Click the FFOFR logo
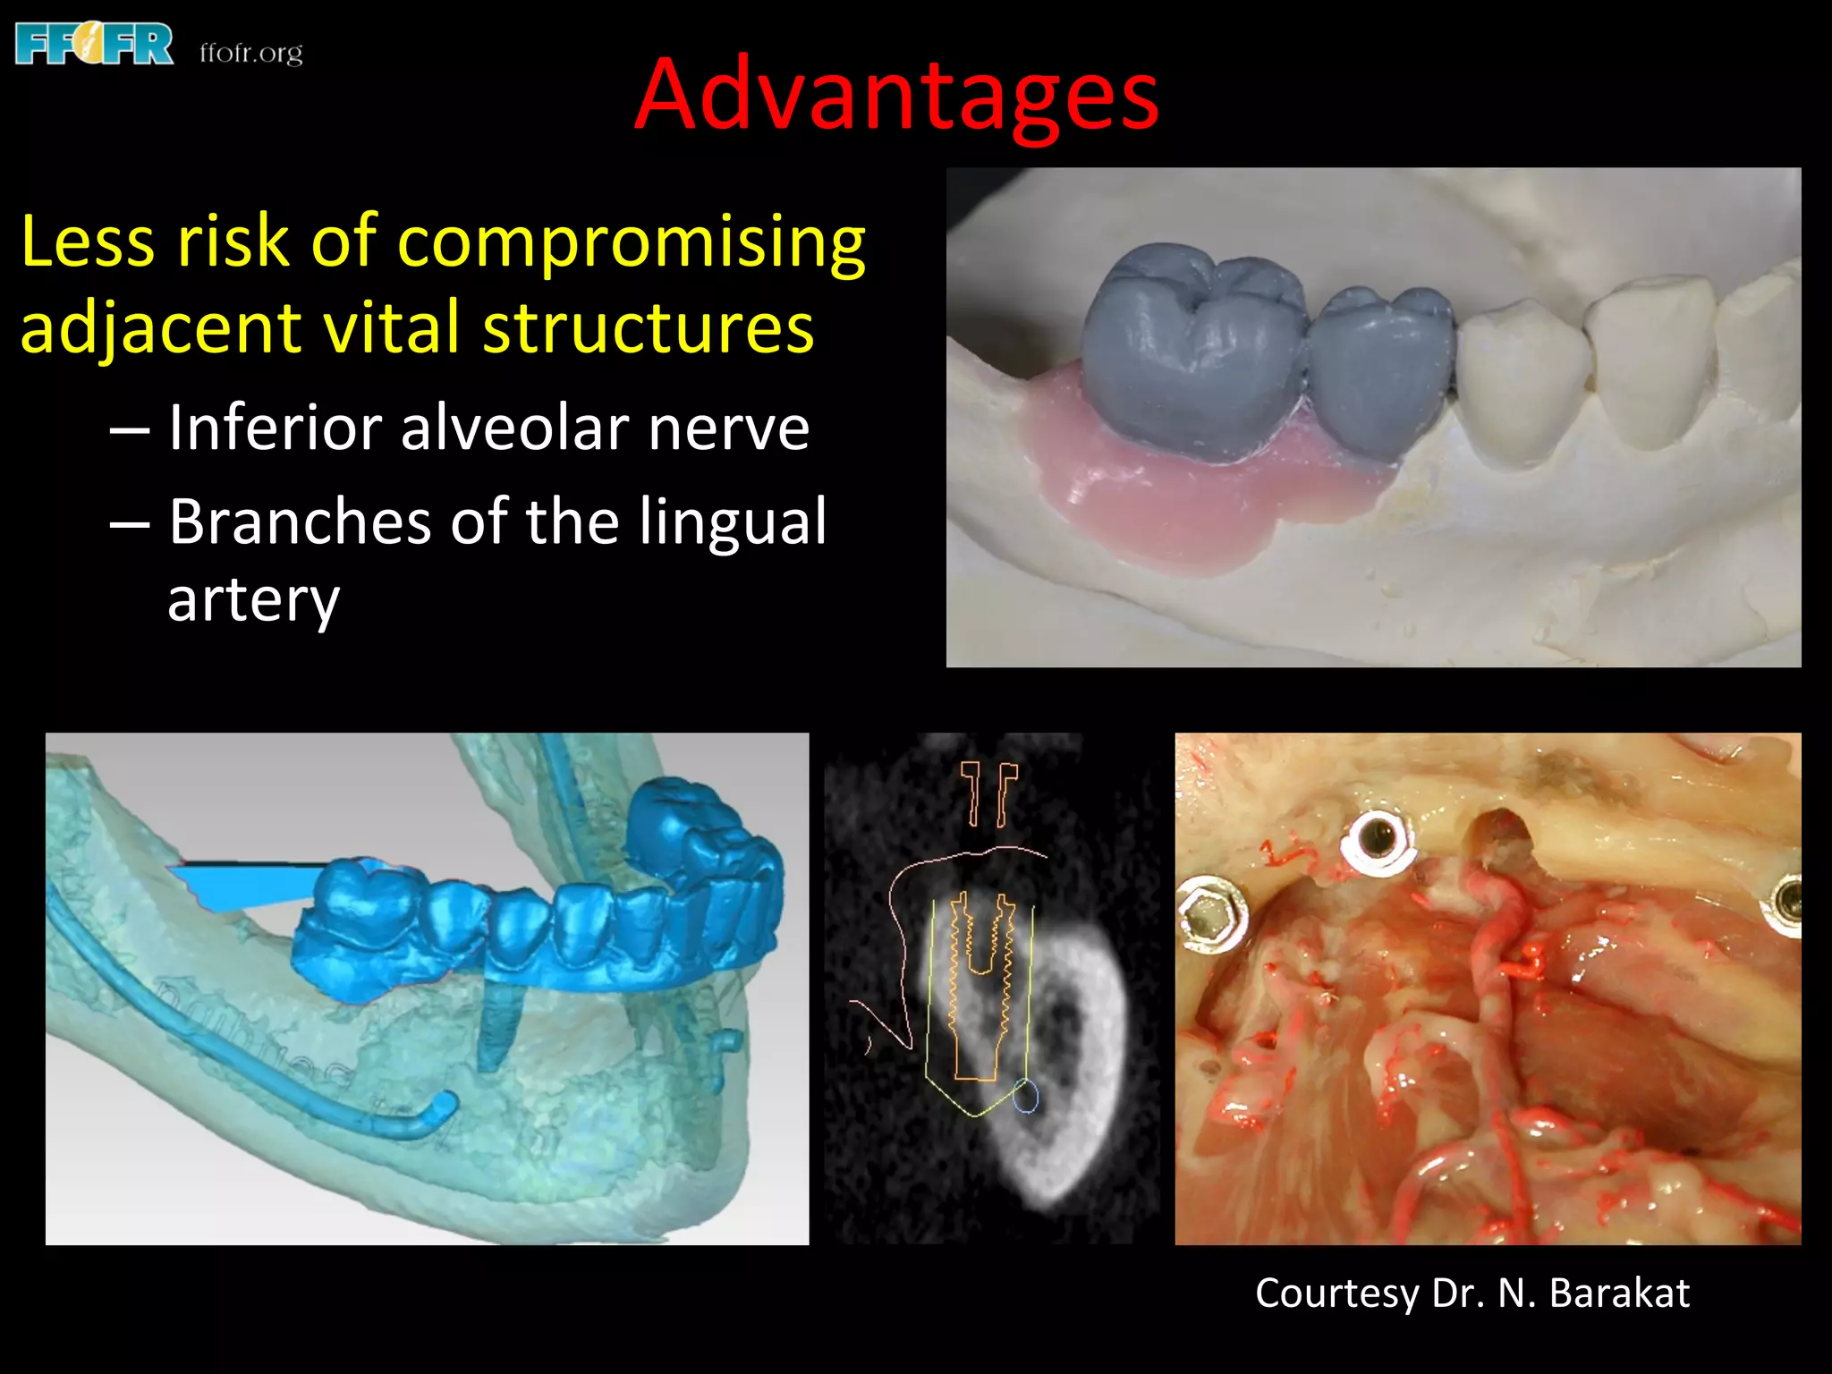point(94,45)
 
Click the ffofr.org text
point(251,54)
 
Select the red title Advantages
point(896,96)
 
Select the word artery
point(253,599)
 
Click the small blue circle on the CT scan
point(1026,1097)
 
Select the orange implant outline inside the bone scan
point(978,984)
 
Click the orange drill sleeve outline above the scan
point(988,792)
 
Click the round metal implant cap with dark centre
point(1377,842)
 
